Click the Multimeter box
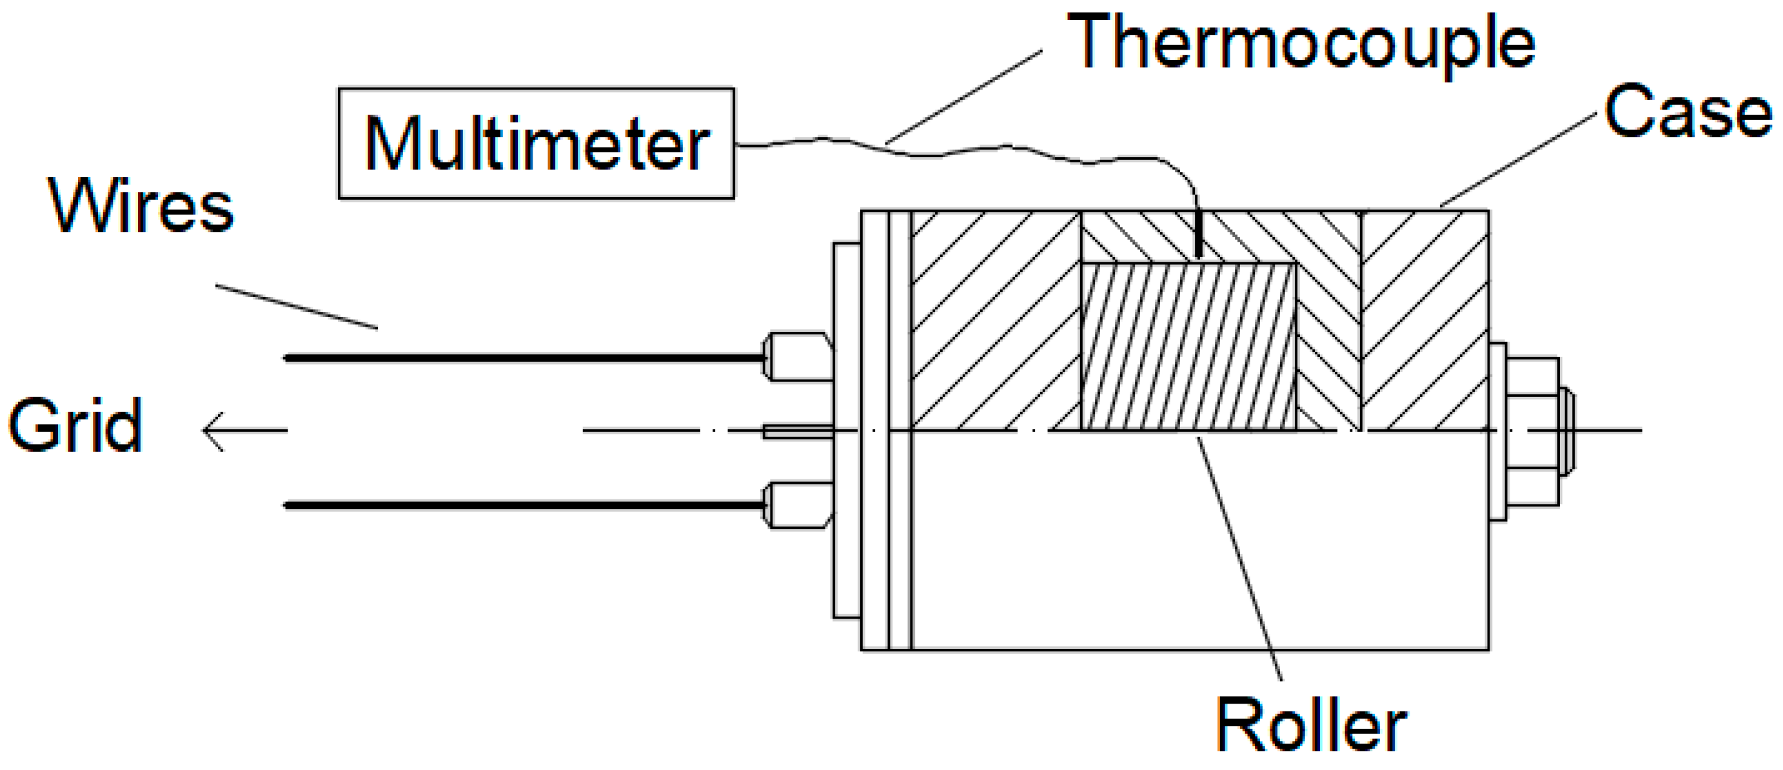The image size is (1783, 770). [x=536, y=143]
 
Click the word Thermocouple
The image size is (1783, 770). [x=1301, y=43]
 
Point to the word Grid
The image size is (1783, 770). [x=75, y=425]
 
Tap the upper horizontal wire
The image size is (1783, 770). [x=519, y=358]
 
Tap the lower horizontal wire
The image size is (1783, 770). [x=519, y=506]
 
